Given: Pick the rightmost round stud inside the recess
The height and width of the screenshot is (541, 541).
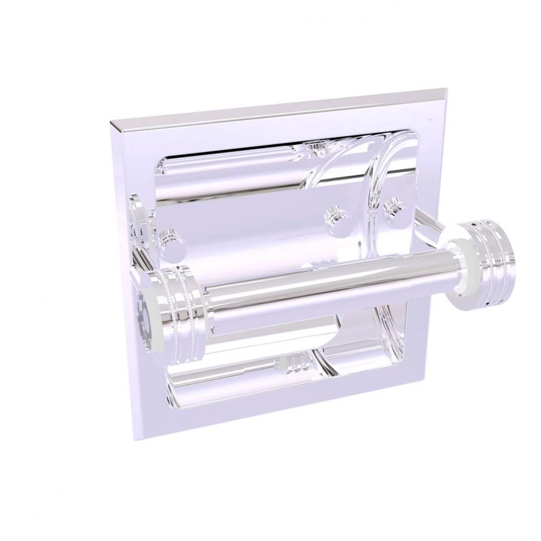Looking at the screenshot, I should coord(395,212).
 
